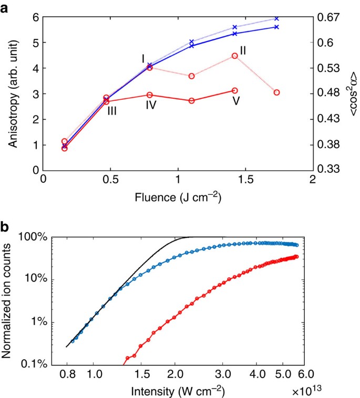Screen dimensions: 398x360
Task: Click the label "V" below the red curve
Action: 236,101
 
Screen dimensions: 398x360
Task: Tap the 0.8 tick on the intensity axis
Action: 66,374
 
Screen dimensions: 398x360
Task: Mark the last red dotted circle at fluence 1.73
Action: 276,92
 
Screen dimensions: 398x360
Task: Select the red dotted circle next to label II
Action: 235,56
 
